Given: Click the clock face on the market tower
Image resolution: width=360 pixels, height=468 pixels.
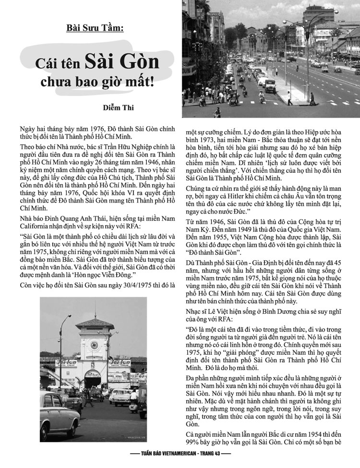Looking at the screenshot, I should click(x=95, y=345).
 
